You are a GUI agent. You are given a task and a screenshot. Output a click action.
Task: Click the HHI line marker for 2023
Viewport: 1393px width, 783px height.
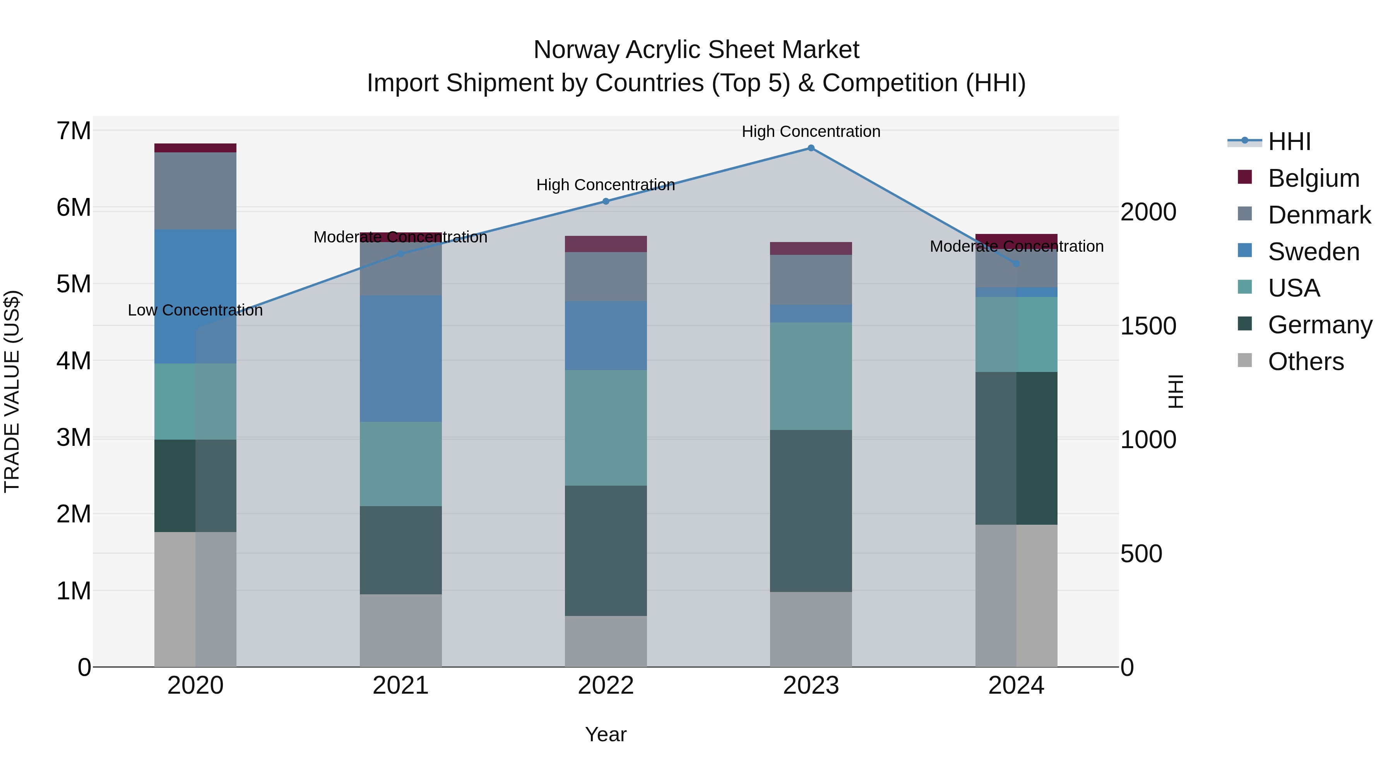pyautogui.click(x=811, y=148)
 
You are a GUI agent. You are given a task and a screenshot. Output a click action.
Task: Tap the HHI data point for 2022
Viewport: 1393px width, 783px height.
pyautogui.click(x=606, y=201)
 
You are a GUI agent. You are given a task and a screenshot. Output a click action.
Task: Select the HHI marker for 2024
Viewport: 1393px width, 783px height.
pyautogui.click(x=1016, y=264)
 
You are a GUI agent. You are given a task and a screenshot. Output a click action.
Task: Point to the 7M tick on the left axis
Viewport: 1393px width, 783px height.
pyautogui.click(x=74, y=131)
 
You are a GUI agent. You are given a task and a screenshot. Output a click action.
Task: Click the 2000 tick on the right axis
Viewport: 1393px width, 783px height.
pyautogui.click(x=1148, y=212)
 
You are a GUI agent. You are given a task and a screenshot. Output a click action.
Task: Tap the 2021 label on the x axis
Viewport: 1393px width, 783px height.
pyautogui.click(x=401, y=686)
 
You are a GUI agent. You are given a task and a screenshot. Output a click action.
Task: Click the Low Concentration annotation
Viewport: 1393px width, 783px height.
pyautogui.click(x=195, y=310)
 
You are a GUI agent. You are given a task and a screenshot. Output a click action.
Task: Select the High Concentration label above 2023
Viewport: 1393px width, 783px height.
pyautogui.click(x=811, y=131)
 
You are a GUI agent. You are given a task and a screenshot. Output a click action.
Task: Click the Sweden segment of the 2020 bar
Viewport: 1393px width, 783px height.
pyautogui.click(x=195, y=296)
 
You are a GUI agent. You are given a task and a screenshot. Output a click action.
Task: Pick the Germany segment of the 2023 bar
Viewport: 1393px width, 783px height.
pyautogui.click(x=811, y=511)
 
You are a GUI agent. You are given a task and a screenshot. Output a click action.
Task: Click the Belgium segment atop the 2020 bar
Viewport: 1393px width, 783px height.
pyautogui.click(x=195, y=148)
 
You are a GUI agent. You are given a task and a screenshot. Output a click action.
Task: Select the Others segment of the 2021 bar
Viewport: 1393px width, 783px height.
pyautogui.click(x=401, y=630)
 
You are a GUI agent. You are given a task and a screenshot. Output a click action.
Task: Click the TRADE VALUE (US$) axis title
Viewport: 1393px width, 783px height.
pyautogui.click(x=12, y=391)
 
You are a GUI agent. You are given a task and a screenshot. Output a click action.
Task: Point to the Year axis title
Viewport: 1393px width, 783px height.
pyautogui.click(x=606, y=734)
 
